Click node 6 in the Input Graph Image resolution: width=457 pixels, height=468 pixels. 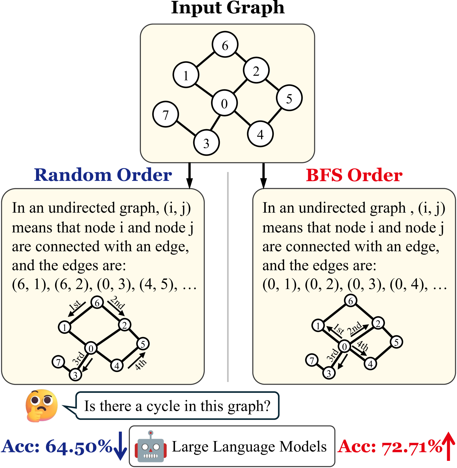coord(225,45)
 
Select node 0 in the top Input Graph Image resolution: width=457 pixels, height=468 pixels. coord(224,103)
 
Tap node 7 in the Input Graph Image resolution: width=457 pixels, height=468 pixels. coord(165,114)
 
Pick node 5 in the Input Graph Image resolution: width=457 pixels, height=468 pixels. coord(289,98)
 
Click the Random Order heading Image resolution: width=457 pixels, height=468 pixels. coord(103,175)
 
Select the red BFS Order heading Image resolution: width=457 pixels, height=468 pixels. coord(354,175)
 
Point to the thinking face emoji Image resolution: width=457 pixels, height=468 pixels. coord(42,405)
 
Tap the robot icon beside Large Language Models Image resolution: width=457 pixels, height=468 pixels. coord(150,447)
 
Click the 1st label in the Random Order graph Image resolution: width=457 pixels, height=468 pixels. coord(75,305)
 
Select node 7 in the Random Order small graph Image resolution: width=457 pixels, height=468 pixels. coord(58,362)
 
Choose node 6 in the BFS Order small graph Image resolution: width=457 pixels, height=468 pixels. coord(351,301)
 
